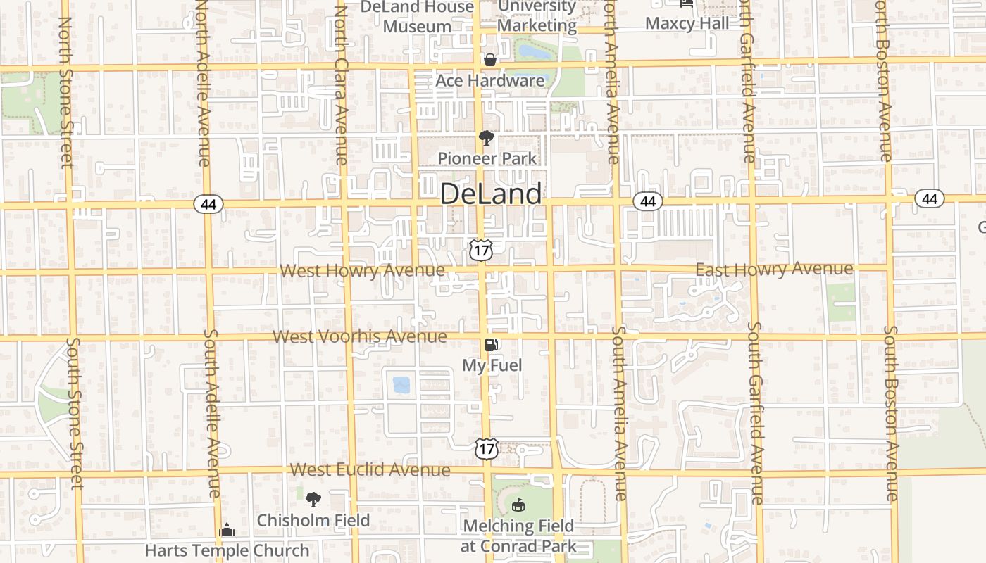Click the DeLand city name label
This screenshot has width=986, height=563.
[x=491, y=194]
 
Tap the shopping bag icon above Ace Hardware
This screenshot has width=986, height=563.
[x=490, y=61]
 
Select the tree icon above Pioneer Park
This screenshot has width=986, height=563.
[x=485, y=138]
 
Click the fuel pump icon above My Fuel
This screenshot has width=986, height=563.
[x=492, y=345]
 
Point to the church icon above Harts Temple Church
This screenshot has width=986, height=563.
[x=227, y=530]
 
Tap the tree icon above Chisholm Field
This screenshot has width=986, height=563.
[x=313, y=500]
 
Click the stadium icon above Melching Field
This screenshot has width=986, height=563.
[x=518, y=505]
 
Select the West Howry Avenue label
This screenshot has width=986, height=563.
[x=362, y=271]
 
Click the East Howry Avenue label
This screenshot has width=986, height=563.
[x=774, y=269]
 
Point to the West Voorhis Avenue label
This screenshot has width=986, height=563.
[x=359, y=336]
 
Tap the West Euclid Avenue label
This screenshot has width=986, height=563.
[x=370, y=469]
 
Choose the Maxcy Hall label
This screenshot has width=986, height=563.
[x=687, y=23]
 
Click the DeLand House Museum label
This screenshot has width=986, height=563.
[x=418, y=17]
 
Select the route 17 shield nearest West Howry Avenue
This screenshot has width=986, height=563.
[x=482, y=248]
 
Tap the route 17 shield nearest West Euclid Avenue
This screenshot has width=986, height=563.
[x=486, y=448]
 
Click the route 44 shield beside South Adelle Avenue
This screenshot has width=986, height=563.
[x=208, y=204]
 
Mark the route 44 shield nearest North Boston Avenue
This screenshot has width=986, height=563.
[x=930, y=199]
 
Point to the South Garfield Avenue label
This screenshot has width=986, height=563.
[x=756, y=413]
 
